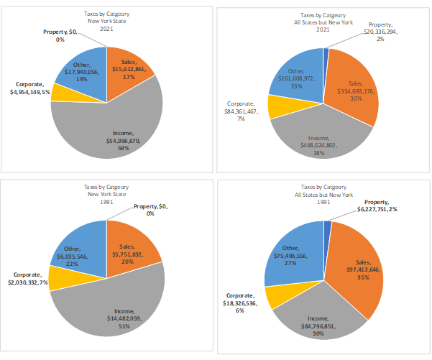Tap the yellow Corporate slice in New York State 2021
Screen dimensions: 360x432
(x=60, y=93)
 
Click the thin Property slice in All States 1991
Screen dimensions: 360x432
(x=328, y=226)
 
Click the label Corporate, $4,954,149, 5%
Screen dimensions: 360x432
(x=29, y=88)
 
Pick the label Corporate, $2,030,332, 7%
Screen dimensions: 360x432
(x=28, y=279)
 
